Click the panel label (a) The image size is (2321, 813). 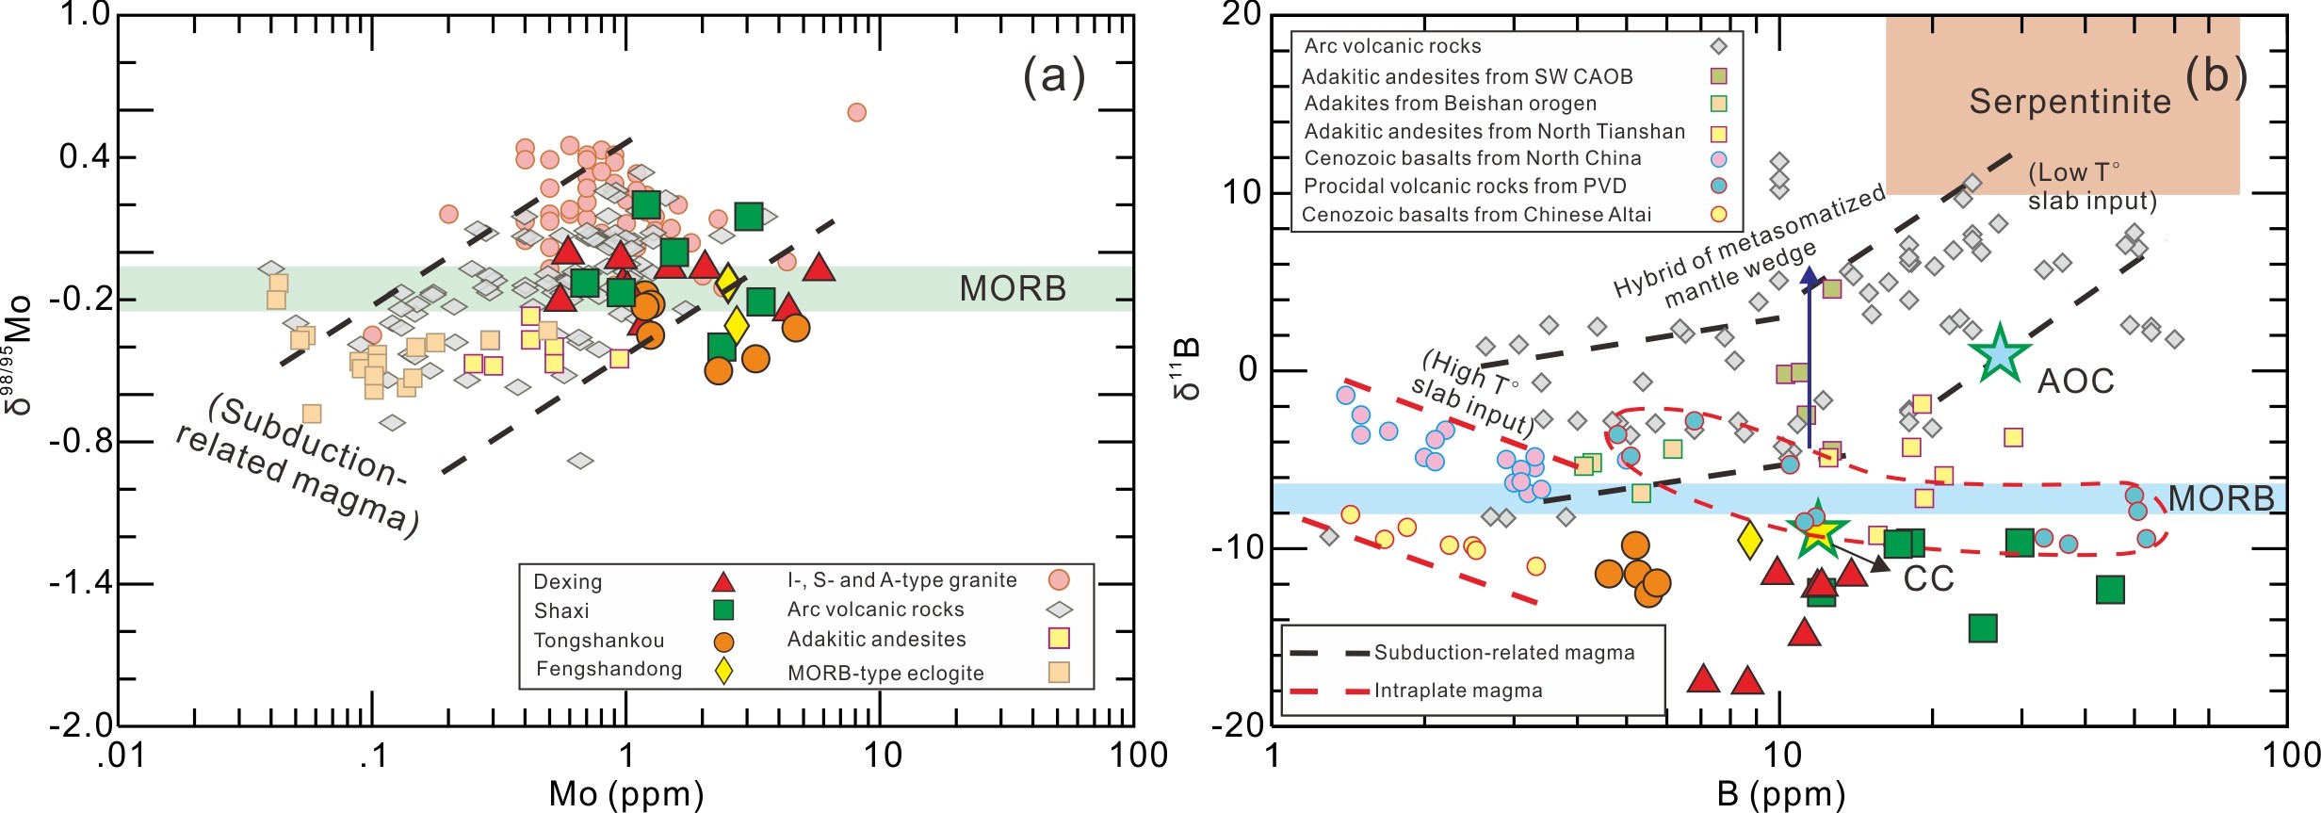pyautogui.click(x=1054, y=76)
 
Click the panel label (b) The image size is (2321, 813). pyautogui.click(x=2216, y=76)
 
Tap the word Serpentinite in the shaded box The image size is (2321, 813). pyautogui.click(x=2069, y=102)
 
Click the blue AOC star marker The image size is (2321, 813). pyautogui.click(x=1998, y=353)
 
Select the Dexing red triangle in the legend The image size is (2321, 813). pyautogui.click(x=722, y=581)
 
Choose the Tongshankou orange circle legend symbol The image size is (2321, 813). pyautogui.click(x=722, y=642)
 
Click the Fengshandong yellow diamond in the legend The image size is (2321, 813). pyautogui.click(x=723, y=670)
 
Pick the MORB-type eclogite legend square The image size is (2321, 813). pyautogui.click(x=1059, y=672)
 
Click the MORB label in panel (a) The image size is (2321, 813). pyautogui.click(x=1013, y=289)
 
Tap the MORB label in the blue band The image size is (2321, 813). pyautogui.click(x=2220, y=498)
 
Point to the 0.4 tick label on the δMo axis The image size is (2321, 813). pyautogui.click(x=85, y=156)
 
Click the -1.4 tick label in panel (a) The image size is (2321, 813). pyautogui.click(x=80, y=584)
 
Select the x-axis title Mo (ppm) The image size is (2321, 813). pyautogui.click(x=626, y=794)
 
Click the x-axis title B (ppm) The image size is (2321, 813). pyautogui.click(x=1780, y=794)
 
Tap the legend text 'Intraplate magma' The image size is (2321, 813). pyautogui.click(x=1458, y=691)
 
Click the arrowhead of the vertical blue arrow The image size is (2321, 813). pyautogui.click(x=1810, y=276)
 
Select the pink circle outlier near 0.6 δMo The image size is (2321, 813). pyautogui.click(x=856, y=112)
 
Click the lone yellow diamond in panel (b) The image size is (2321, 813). pyautogui.click(x=1749, y=540)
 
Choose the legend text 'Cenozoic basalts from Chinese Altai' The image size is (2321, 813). pyautogui.click(x=1476, y=215)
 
